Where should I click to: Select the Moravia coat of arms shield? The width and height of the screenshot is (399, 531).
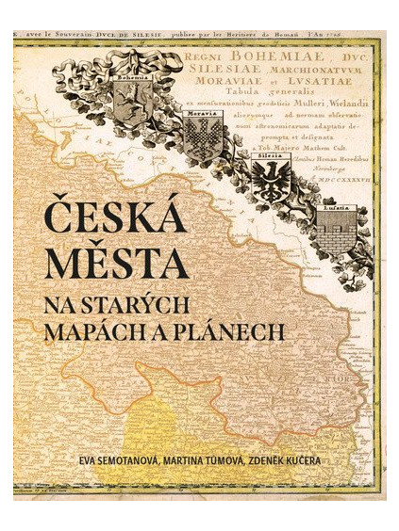(201, 139)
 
